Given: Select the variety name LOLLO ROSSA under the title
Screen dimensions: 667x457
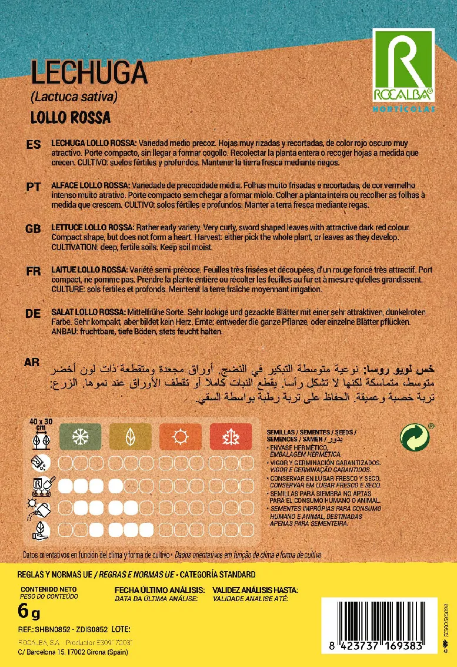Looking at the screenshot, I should pyautogui.click(x=70, y=117).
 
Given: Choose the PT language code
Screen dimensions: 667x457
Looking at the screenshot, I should pyautogui.click(x=33, y=187).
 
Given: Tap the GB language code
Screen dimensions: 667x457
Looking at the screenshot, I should pyautogui.click(x=33, y=228).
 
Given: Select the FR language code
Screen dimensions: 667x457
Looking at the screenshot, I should pyautogui.click(x=33, y=271).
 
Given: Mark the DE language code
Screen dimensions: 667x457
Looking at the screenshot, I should pyautogui.click(x=33, y=313).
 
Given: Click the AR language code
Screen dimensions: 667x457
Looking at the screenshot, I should pyautogui.click(x=33, y=361).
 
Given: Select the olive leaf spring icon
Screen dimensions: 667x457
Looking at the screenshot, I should pyautogui.click(x=129, y=437).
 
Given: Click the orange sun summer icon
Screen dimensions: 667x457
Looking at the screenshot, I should pyautogui.click(x=179, y=437).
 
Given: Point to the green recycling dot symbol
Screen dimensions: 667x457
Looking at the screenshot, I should pyautogui.click(x=415, y=438).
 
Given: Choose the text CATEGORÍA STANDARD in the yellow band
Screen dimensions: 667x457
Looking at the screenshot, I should pyautogui.click(x=218, y=574).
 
